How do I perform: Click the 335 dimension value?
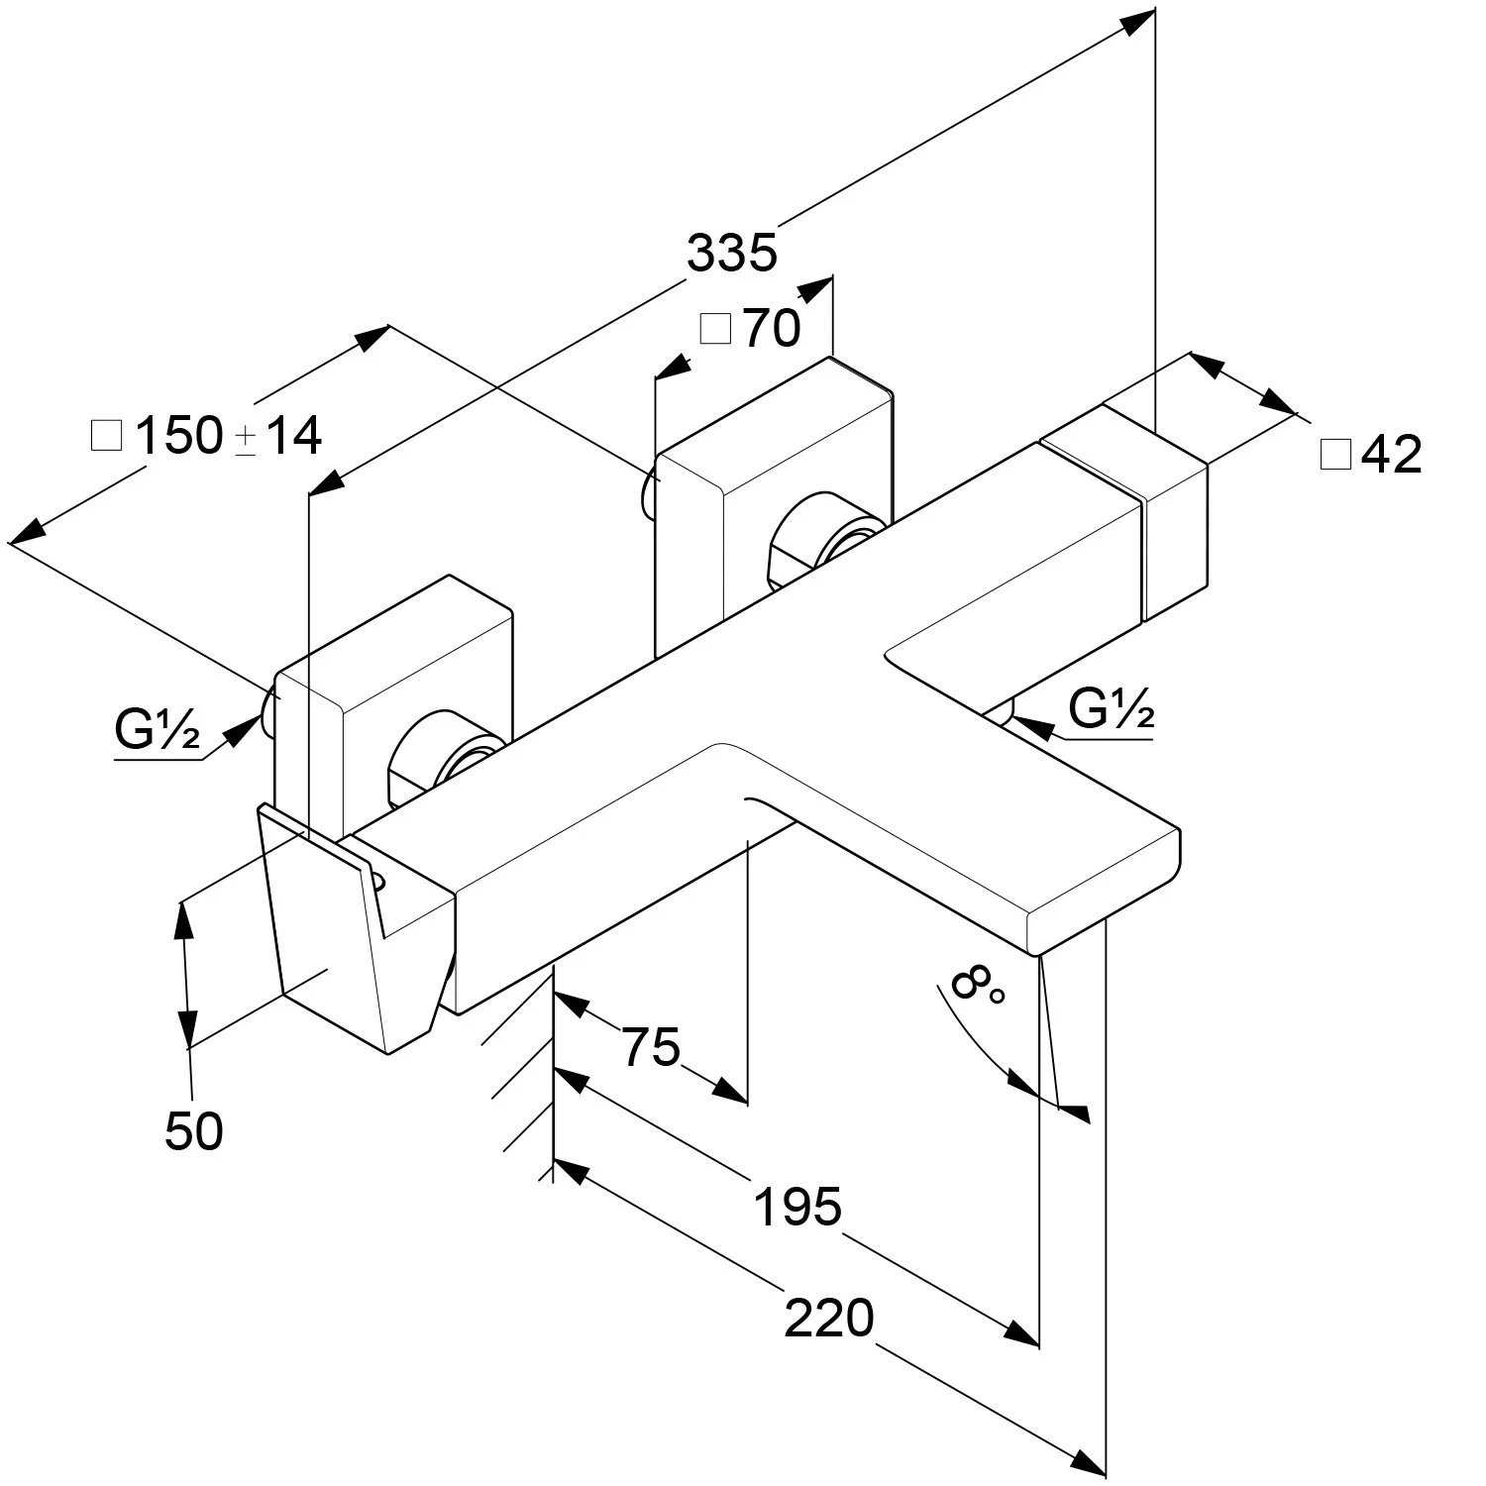tap(732, 253)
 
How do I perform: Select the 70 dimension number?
tap(772, 328)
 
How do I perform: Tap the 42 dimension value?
tap(1392, 454)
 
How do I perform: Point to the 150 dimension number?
tap(178, 436)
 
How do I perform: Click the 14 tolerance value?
tap(294, 436)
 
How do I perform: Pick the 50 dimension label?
tap(194, 1131)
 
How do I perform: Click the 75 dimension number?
tap(651, 1047)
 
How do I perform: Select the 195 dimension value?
tap(797, 1207)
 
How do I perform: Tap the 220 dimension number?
tap(829, 1319)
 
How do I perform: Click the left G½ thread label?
tap(158, 733)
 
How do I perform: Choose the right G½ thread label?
tap(1112, 709)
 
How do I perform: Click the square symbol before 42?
tap(1335, 455)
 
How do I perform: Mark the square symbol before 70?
tap(714, 328)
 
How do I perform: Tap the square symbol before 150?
tap(106, 436)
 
